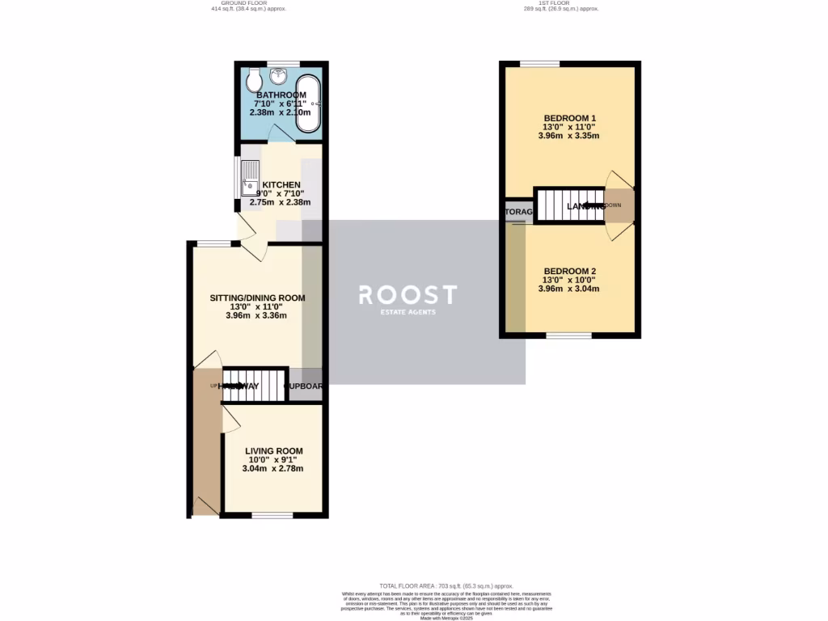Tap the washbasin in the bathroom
[x=279, y=76]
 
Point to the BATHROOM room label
[x=281, y=95]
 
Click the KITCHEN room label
[x=281, y=185]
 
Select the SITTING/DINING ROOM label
[x=257, y=298]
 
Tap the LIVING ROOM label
[x=274, y=451]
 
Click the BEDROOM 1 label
[x=569, y=118]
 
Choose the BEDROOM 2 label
[x=569, y=271]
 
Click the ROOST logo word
[x=408, y=294]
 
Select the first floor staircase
[x=569, y=205]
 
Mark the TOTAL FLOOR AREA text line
[x=446, y=585]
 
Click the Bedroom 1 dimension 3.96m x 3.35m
[x=569, y=136]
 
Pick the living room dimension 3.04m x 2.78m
[x=274, y=468]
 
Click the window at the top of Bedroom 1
[x=539, y=64]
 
